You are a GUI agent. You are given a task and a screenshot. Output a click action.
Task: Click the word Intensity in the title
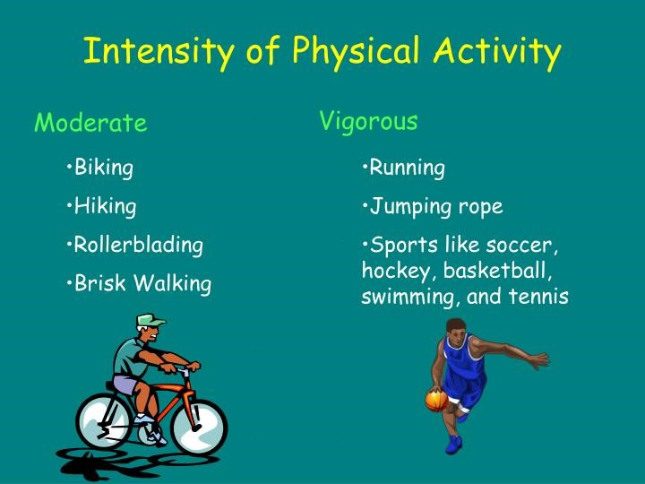[159, 52]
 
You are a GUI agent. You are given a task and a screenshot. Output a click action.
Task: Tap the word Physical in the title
[356, 52]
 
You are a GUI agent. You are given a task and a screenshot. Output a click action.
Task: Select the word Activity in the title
[497, 52]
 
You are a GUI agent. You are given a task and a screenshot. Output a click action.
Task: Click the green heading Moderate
[90, 122]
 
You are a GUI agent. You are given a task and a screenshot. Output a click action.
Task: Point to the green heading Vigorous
[368, 122]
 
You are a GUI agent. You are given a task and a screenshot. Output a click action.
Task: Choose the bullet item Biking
[100, 169]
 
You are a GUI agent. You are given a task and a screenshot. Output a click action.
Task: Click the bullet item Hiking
[101, 207]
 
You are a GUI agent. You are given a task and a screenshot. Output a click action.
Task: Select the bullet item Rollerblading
[135, 246]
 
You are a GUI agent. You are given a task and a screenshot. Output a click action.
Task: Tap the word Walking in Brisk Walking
[173, 283]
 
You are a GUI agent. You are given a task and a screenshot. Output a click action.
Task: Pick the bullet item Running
[403, 169]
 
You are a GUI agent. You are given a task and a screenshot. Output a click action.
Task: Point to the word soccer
[521, 246]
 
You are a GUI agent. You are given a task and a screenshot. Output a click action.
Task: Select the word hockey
[396, 272]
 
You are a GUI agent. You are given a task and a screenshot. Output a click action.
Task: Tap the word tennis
[538, 297]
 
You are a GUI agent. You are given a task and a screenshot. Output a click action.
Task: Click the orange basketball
[436, 400]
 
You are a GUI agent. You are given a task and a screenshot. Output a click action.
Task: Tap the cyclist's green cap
[150, 320]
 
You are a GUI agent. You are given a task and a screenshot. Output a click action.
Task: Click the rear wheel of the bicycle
[105, 420]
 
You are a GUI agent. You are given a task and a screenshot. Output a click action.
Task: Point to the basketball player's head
[456, 329]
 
